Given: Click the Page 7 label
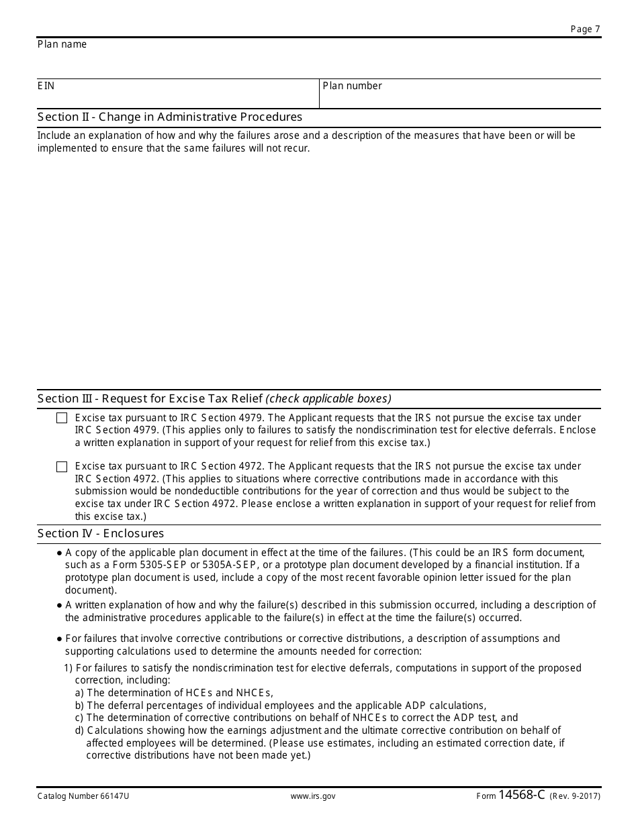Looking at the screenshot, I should [585, 29].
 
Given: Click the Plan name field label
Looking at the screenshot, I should [62, 44].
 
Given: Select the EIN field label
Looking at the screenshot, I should [46, 86].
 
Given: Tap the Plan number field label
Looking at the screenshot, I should [352, 86].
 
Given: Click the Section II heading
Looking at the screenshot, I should [169, 117].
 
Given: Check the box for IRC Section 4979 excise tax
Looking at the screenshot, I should [62, 419].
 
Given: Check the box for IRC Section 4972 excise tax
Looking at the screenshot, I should [62, 467].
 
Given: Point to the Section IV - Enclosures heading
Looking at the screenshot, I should [101, 534].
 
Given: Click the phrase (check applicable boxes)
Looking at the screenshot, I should [328, 399].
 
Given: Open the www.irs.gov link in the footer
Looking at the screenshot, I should [313, 796].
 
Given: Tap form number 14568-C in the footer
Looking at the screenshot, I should [522, 795].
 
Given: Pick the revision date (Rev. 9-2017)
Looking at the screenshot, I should [575, 796].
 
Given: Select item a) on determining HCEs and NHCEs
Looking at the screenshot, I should [174, 693].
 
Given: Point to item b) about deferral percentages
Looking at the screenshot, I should [280, 706].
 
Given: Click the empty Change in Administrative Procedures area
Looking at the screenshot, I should [319, 268].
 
